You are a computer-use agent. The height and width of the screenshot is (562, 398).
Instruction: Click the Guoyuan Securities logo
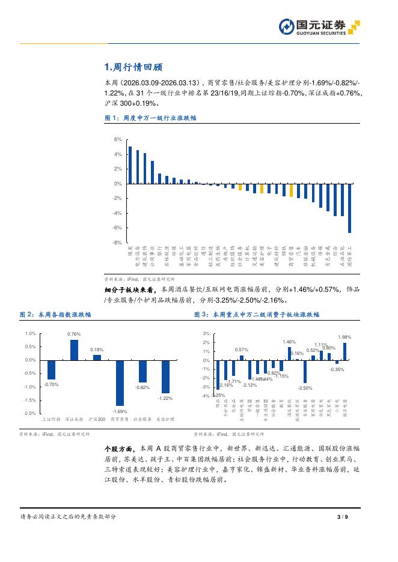[x=319, y=27]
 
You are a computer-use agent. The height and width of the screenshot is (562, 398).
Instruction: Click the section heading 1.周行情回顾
[x=133, y=67]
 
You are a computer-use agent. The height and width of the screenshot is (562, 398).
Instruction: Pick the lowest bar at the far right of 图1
[x=349, y=208]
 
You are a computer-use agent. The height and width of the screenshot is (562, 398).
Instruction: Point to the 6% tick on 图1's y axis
[x=118, y=140]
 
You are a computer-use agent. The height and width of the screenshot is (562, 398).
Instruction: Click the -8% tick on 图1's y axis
[x=117, y=243]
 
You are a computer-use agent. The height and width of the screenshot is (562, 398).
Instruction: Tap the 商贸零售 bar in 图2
[x=120, y=383]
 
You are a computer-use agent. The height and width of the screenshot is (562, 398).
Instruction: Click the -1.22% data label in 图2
[x=165, y=398]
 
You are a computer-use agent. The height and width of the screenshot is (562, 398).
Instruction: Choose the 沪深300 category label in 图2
[x=97, y=418]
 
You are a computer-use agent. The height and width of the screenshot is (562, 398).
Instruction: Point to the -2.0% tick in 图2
[x=29, y=414]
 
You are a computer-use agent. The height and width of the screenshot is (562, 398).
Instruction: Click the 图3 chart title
[x=257, y=314]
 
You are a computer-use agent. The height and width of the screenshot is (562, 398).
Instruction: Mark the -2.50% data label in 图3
[x=305, y=388]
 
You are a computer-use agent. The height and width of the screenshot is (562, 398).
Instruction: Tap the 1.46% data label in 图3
[x=289, y=342]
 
